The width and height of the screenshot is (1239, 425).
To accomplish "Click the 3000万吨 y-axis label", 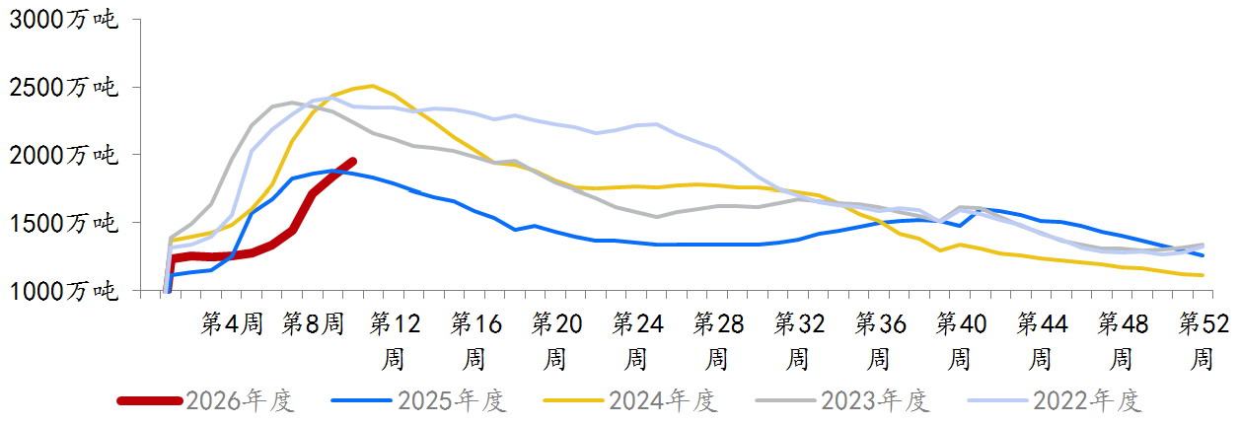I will coord(64,20).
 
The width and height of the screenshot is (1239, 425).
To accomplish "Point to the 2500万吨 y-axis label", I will coord(64,88).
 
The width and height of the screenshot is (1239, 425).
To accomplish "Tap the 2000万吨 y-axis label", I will coord(64,156).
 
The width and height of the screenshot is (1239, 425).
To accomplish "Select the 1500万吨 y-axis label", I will coord(64,224).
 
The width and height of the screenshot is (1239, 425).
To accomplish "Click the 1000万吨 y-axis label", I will coord(64,292).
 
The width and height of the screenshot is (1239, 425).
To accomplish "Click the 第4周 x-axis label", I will coord(232,323).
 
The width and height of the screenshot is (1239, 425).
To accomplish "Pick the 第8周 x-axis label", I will coord(313,323).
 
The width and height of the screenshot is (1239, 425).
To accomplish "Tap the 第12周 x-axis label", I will coord(395,339).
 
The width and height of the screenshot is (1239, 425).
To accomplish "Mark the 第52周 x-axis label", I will coord(1203,339).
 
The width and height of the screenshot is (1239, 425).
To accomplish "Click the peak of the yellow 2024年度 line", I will coord(372,86).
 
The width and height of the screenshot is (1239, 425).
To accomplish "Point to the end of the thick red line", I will coord(352,161).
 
